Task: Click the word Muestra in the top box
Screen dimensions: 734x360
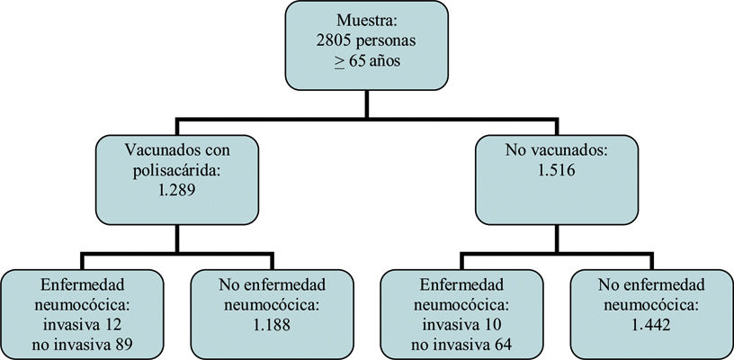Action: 363,21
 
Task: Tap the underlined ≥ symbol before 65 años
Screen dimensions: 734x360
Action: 340,62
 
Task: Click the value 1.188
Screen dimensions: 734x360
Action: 272,325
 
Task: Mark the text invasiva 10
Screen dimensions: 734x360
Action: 461,325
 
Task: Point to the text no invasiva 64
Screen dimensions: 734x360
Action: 461,345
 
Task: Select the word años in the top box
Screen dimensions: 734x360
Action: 394,62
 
